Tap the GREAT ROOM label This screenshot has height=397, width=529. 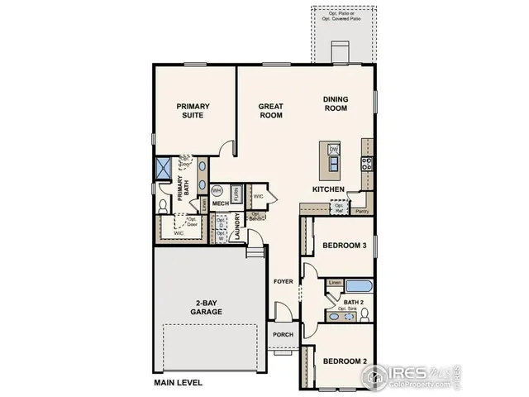point(271,110)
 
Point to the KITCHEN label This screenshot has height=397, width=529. point(328,189)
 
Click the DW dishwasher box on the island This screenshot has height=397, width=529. point(334,149)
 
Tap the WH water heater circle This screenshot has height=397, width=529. point(217,191)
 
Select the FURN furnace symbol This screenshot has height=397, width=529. point(236,194)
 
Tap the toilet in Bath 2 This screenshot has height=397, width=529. point(364,314)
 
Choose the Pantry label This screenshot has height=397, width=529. point(360,212)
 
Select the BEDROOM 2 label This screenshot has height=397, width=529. point(344,361)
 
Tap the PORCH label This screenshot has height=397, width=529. point(284,334)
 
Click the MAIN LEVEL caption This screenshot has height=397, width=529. point(178,383)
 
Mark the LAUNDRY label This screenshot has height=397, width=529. point(238,227)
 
